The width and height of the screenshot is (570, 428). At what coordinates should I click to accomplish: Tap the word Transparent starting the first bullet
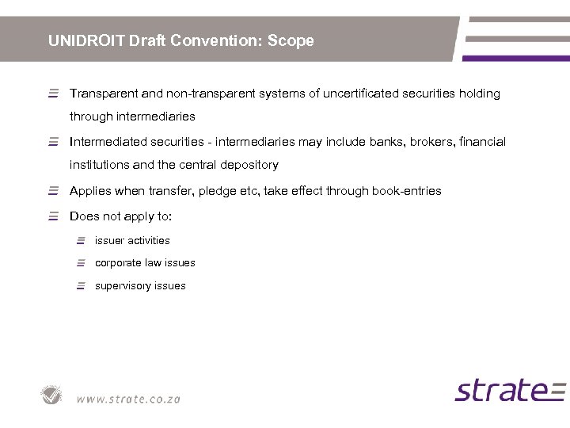click(104, 94)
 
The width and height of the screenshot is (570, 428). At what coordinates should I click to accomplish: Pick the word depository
click(250, 165)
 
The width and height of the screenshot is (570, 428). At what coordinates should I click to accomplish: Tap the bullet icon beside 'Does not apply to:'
click(53, 216)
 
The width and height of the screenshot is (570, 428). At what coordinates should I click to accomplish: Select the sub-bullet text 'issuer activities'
click(132, 240)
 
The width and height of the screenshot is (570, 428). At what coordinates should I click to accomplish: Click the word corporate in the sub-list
click(118, 263)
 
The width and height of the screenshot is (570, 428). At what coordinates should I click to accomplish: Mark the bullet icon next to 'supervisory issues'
click(81, 286)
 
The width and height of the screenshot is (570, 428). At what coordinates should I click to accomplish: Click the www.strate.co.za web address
click(128, 399)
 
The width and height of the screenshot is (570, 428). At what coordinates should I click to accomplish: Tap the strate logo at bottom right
click(509, 391)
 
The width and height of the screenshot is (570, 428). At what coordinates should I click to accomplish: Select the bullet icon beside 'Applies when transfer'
click(53, 191)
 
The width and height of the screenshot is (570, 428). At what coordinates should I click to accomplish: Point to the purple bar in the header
click(515, 58)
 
